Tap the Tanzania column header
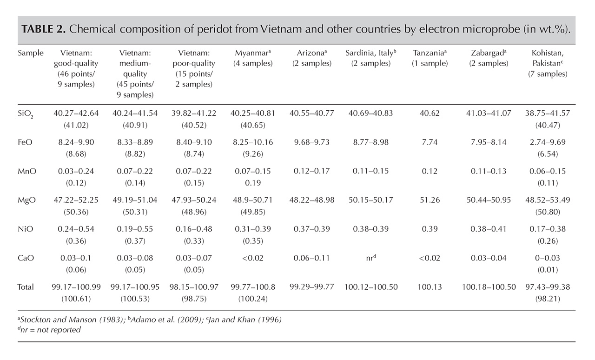pyautogui.click(x=430, y=58)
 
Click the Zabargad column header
pyautogui.click(x=489, y=58)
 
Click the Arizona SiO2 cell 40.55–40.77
pyautogui.click(x=311, y=113)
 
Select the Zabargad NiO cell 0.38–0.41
pyautogui.click(x=489, y=229)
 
